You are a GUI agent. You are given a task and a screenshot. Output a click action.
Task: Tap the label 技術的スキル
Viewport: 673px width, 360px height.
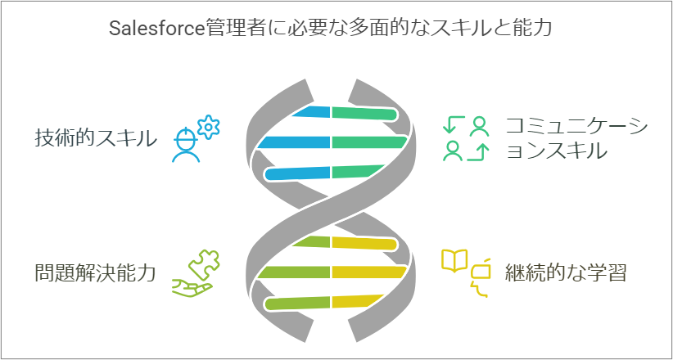pyautogui.click(x=95, y=138)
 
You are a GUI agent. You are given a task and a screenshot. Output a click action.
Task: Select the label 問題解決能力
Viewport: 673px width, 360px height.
pyautogui.click(x=95, y=272)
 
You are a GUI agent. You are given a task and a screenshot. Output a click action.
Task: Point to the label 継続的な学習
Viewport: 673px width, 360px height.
pyautogui.click(x=566, y=272)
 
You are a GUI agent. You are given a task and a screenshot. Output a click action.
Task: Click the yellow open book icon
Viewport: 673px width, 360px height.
pyautogui.click(x=454, y=260)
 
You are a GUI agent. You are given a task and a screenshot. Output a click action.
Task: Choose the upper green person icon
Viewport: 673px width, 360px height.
pyautogui.click(x=480, y=125)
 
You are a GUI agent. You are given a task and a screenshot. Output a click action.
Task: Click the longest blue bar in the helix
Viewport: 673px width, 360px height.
pyautogui.click(x=294, y=142)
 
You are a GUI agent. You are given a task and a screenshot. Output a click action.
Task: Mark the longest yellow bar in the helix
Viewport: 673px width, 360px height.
pyautogui.click(x=369, y=272)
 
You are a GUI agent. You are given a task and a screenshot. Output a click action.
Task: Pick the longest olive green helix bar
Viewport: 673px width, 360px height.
pyautogui.click(x=294, y=272)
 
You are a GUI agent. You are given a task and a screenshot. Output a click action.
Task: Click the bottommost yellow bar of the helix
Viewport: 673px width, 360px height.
pyautogui.click(x=360, y=301)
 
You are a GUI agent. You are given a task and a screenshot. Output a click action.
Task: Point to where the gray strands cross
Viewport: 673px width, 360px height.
pyautogui.click(x=331, y=206)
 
